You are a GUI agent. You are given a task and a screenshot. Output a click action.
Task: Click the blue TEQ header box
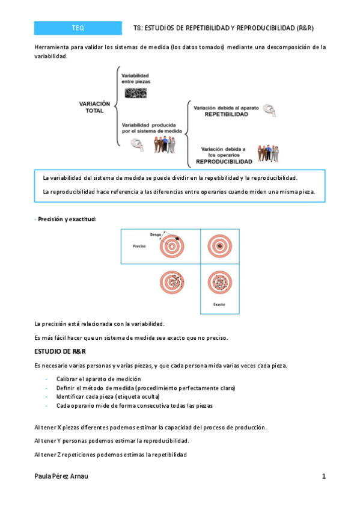(78, 28)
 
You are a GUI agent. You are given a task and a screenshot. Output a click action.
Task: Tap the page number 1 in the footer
(323, 476)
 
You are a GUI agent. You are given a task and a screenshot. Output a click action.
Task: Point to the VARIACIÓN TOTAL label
(95, 107)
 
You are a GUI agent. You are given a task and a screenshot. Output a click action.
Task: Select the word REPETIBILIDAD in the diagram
(225, 114)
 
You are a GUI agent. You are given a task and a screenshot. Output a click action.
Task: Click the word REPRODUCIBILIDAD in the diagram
(224, 162)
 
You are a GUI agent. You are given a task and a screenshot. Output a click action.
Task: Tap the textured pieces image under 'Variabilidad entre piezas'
(135, 92)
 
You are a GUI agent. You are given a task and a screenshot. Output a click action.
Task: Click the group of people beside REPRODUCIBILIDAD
(268, 153)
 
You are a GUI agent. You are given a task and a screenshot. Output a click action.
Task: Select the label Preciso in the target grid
(139, 247)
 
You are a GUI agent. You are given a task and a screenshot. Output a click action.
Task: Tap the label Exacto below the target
(219, 304)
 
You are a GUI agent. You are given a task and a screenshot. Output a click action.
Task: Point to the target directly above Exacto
(219, 281)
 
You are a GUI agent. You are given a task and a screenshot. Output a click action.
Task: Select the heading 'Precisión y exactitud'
(67, 219)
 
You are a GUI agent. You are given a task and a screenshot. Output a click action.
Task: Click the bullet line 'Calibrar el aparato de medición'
(99, 379)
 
